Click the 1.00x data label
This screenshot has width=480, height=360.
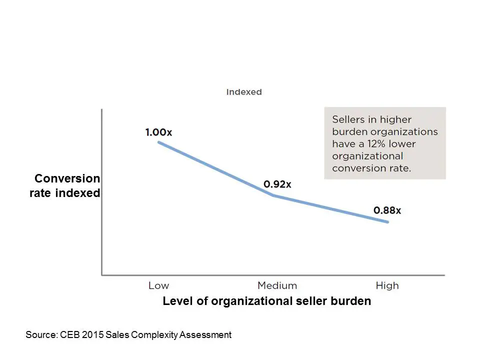point(158,132)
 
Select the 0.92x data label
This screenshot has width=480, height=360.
point(277,184)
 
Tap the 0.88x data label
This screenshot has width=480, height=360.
point(387,210)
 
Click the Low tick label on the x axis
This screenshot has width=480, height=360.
point(158,285)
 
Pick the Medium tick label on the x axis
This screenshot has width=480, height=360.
point(277,285)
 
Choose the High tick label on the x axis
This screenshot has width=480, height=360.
point(387,285)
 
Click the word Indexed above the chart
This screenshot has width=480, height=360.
point(244,92)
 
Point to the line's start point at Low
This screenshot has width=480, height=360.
point(159,142)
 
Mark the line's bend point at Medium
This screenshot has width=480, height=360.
point(273,195)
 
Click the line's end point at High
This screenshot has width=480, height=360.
point(387,222)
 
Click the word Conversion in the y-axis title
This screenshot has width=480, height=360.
point(67,179)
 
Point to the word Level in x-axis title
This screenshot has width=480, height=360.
point(177,301)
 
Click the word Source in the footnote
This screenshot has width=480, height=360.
point(41,335)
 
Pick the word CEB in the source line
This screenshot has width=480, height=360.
point(70,335)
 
